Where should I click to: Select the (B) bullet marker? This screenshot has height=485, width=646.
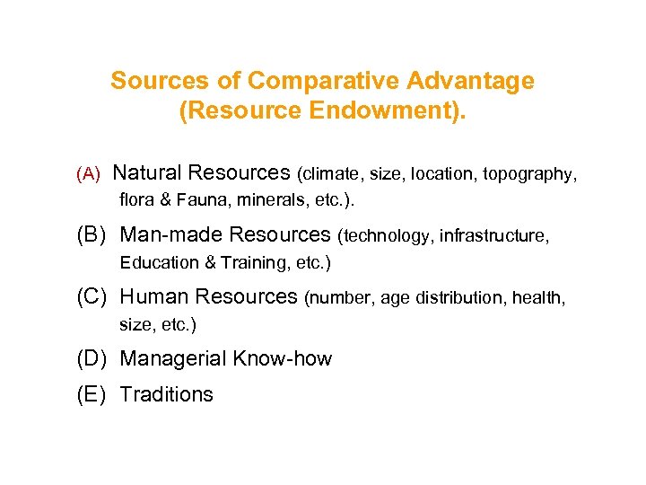pyautogui.click(x=92, y=235)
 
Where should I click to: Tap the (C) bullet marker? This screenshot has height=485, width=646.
pyautogui.click(x=92, y=296)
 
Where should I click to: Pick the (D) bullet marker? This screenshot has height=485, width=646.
pyautogui.click(x=92, y=359)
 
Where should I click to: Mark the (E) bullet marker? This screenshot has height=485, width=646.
pyautogui.click(x=92, y=394)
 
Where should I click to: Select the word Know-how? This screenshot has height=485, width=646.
pyautogui.click(x=283, y=359)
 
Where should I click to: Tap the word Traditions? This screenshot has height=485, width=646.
pyautogui.click(x=167, y=394)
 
